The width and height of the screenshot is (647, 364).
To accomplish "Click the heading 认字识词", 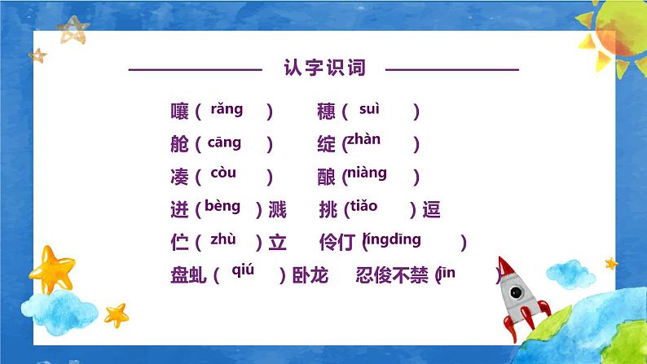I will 324,68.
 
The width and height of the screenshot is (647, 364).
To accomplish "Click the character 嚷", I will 180,112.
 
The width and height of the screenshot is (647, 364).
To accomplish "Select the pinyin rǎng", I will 227,108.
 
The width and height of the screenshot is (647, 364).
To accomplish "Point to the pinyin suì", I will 370,108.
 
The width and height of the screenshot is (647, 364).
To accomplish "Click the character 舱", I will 180,145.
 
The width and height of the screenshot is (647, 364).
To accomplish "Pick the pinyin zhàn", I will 363,139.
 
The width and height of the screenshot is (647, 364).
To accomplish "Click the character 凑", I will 180,177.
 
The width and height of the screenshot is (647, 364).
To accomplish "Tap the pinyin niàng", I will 366,173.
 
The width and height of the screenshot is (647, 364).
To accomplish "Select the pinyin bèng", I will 222,205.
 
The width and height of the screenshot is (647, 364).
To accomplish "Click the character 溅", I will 277,210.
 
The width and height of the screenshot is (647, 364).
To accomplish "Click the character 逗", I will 432,210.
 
